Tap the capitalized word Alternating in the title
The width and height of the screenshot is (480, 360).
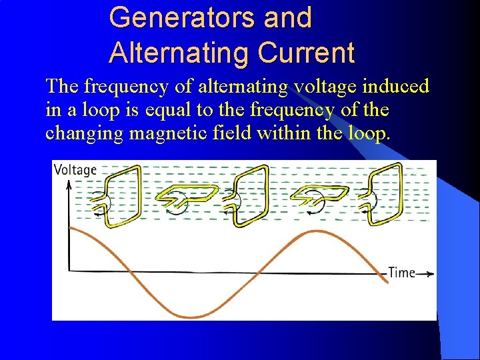click(176, 53)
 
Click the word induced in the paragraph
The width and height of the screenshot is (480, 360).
click(396, 87)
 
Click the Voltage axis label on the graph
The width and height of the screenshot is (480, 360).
click(75, 170)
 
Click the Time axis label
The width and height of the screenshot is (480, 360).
click(401, 273)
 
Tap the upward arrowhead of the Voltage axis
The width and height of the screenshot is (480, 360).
click(69, 184)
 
